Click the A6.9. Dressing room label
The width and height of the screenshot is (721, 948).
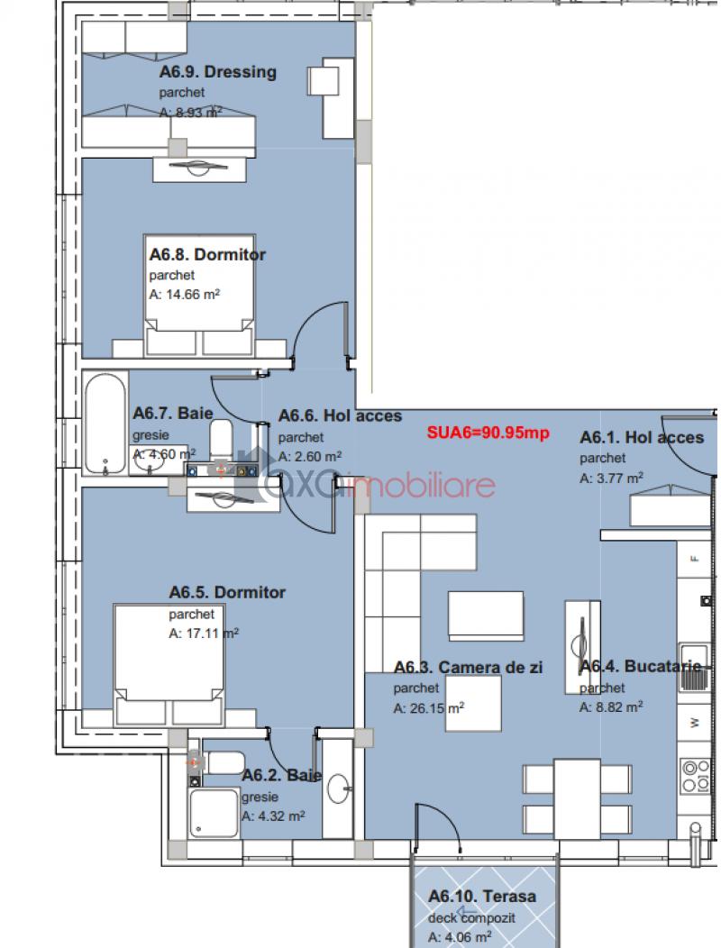pos(218,72)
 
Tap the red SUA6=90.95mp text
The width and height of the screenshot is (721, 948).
pos(488,433)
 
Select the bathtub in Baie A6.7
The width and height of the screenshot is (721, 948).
pos(105,423)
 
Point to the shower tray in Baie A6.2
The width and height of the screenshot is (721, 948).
pos(214,813)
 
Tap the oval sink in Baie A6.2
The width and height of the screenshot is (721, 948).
pos(338,788)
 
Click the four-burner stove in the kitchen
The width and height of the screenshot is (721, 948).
pos(696,776)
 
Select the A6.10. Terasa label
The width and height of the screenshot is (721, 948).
pos(482,896)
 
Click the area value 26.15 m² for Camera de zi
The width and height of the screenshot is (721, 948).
pos(429,708)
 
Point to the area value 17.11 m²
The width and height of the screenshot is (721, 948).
pos(204,634)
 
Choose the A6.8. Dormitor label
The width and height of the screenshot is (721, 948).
pos(207,254)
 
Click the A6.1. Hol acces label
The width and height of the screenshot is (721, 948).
pos(642,437)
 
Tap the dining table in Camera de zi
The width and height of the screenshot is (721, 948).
pos(577,798)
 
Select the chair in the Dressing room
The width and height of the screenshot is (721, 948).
pos(323,80)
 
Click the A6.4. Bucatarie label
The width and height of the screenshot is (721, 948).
pos(641,666)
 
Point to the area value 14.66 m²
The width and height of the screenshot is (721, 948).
pos(185,295)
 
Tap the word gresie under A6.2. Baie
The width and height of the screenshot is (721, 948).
pos(260,797)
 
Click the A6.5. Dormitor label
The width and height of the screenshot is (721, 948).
pos(227,592)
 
